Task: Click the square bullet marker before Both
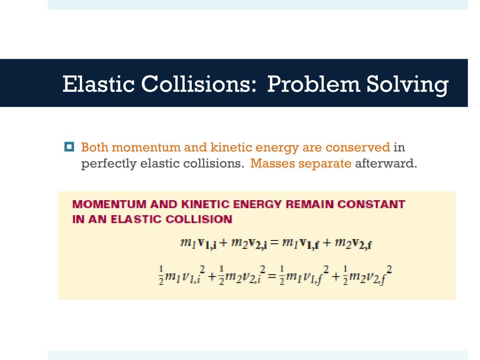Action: (68, 147)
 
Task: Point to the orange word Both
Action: (95, 148)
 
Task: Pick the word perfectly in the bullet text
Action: (109, 164)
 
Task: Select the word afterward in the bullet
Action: (385, 164)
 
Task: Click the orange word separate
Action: (325, 164)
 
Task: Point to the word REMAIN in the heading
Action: (311, 204)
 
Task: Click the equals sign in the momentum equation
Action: (274, 243)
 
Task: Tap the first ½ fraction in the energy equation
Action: (161, 276)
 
